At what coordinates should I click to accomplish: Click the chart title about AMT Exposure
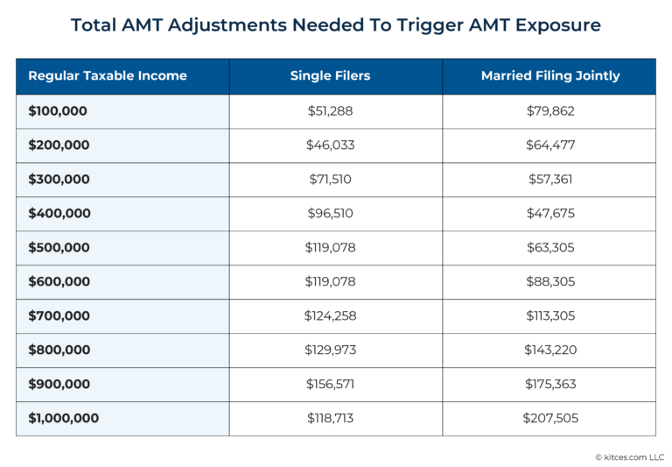point(335,25)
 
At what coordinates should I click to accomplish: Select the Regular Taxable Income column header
point(108,76)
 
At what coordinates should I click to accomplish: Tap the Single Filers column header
point(330,76)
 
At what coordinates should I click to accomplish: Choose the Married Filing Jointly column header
point(549,76)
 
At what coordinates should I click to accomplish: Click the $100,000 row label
point(58,111)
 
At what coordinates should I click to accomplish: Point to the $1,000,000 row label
point(63,419)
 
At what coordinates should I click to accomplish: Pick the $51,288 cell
point(330,111)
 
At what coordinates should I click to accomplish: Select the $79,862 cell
point(549,111)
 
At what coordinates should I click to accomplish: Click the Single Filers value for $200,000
point(330,145)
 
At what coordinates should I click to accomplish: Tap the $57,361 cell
point(549,180)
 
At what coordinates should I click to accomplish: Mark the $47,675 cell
point(549,214)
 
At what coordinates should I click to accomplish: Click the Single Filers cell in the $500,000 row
point(330,248)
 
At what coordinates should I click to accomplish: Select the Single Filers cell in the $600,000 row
point(330,282)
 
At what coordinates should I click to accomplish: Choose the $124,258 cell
point(330,316)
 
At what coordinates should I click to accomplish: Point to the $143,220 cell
point(549,350)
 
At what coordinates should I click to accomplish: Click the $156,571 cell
point(330,385)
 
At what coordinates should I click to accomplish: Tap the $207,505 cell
point(549,419)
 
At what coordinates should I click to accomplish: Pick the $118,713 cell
point(330,419)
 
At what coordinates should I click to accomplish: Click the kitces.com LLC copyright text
point(629,456)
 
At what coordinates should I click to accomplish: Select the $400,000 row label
point(59,214)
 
